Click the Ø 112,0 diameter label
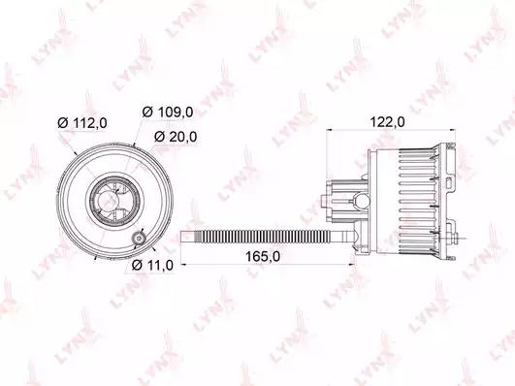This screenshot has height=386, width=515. pyautogui.click(x=82, y=123)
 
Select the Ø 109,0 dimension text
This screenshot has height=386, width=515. pyautogui.click(x=168, y=113)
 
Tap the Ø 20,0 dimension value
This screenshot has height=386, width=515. pyautogui.click(x=176, y=137)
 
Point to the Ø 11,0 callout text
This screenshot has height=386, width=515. pyautogui.click(x=152, y=265)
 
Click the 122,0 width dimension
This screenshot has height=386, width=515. pyautogui.click(x=388, y=122)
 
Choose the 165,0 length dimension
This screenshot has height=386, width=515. pyautogui.click(x=263, y=257)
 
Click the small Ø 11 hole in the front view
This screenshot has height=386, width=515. pyautogui.click(x=139, y=238)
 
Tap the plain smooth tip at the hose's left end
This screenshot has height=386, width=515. pyautogui.click(x=187, y=238)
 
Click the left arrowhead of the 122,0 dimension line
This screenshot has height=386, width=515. pyautogui.click(x=329, y=130)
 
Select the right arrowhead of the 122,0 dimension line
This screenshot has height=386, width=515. pyautogui.click(x=453, y=130)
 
